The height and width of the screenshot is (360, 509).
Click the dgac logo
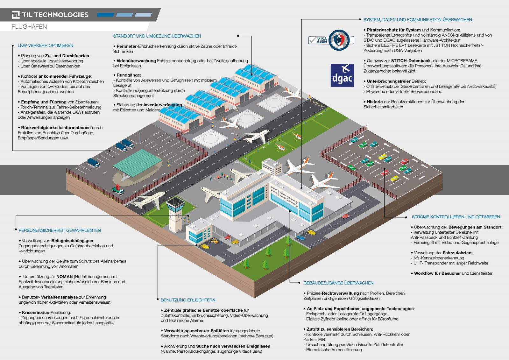pos(342,75)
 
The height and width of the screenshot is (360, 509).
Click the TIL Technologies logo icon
pos(16,15)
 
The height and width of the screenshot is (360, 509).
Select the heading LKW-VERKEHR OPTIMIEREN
pos(46,46)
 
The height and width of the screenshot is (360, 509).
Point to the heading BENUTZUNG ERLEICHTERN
pos(188,300)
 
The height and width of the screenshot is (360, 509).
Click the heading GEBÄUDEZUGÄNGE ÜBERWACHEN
pos(338,283)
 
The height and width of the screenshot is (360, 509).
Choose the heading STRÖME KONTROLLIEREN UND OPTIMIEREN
pos(456,217)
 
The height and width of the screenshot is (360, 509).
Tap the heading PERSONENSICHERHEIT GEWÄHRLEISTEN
pos(60,230)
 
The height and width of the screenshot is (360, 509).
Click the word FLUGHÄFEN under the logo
pos(29,27)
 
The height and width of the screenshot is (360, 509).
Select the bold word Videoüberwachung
pos(136,61)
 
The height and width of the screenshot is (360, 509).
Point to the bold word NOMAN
pos(65,277)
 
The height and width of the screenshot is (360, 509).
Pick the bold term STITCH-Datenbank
pos(411,61)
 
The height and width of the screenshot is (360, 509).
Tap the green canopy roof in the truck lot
pos(137,162)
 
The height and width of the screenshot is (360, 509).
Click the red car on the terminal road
pos(346,216)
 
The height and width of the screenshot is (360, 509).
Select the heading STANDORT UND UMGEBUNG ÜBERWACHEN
pos(157,36)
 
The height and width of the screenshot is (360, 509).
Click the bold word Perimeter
pos(127,46)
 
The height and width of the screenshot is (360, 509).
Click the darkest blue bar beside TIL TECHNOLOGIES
pos(105,15)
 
